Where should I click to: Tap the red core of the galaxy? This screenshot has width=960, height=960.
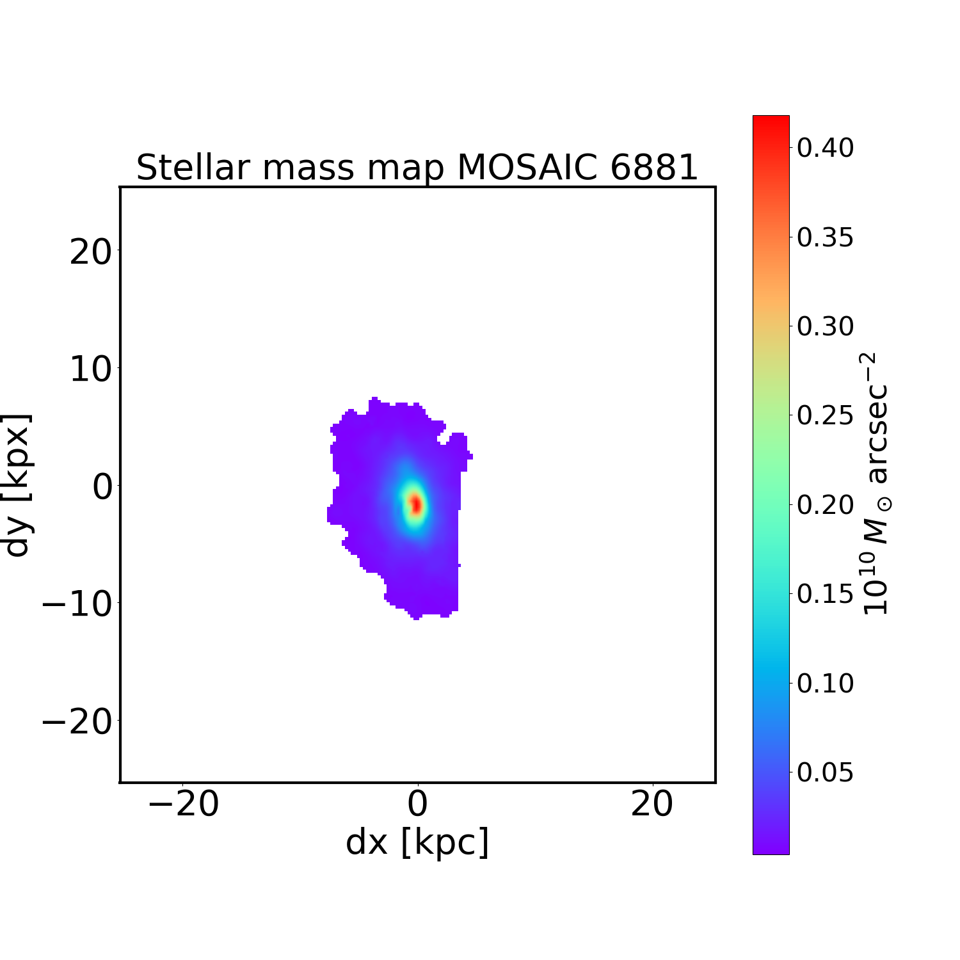tap(416, 504)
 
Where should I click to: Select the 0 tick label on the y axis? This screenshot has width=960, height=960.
tap(102, 487)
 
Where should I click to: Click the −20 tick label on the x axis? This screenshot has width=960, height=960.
tap(183, 804)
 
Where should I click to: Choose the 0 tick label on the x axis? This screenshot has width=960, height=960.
tap(417, 804)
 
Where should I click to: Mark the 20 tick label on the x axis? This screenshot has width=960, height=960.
tap(652, 804)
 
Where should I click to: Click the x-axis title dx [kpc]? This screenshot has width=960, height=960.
tap(417, 842)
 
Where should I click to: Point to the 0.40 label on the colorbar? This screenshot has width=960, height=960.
tap(825, 148)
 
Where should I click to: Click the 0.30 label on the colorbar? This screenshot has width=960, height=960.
tap(825, 326)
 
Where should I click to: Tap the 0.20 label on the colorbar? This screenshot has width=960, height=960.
tap(825, 505)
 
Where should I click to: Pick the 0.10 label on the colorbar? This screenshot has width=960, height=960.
tap(825, 684)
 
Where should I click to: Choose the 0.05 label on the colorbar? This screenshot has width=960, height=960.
tap(825, 772)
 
